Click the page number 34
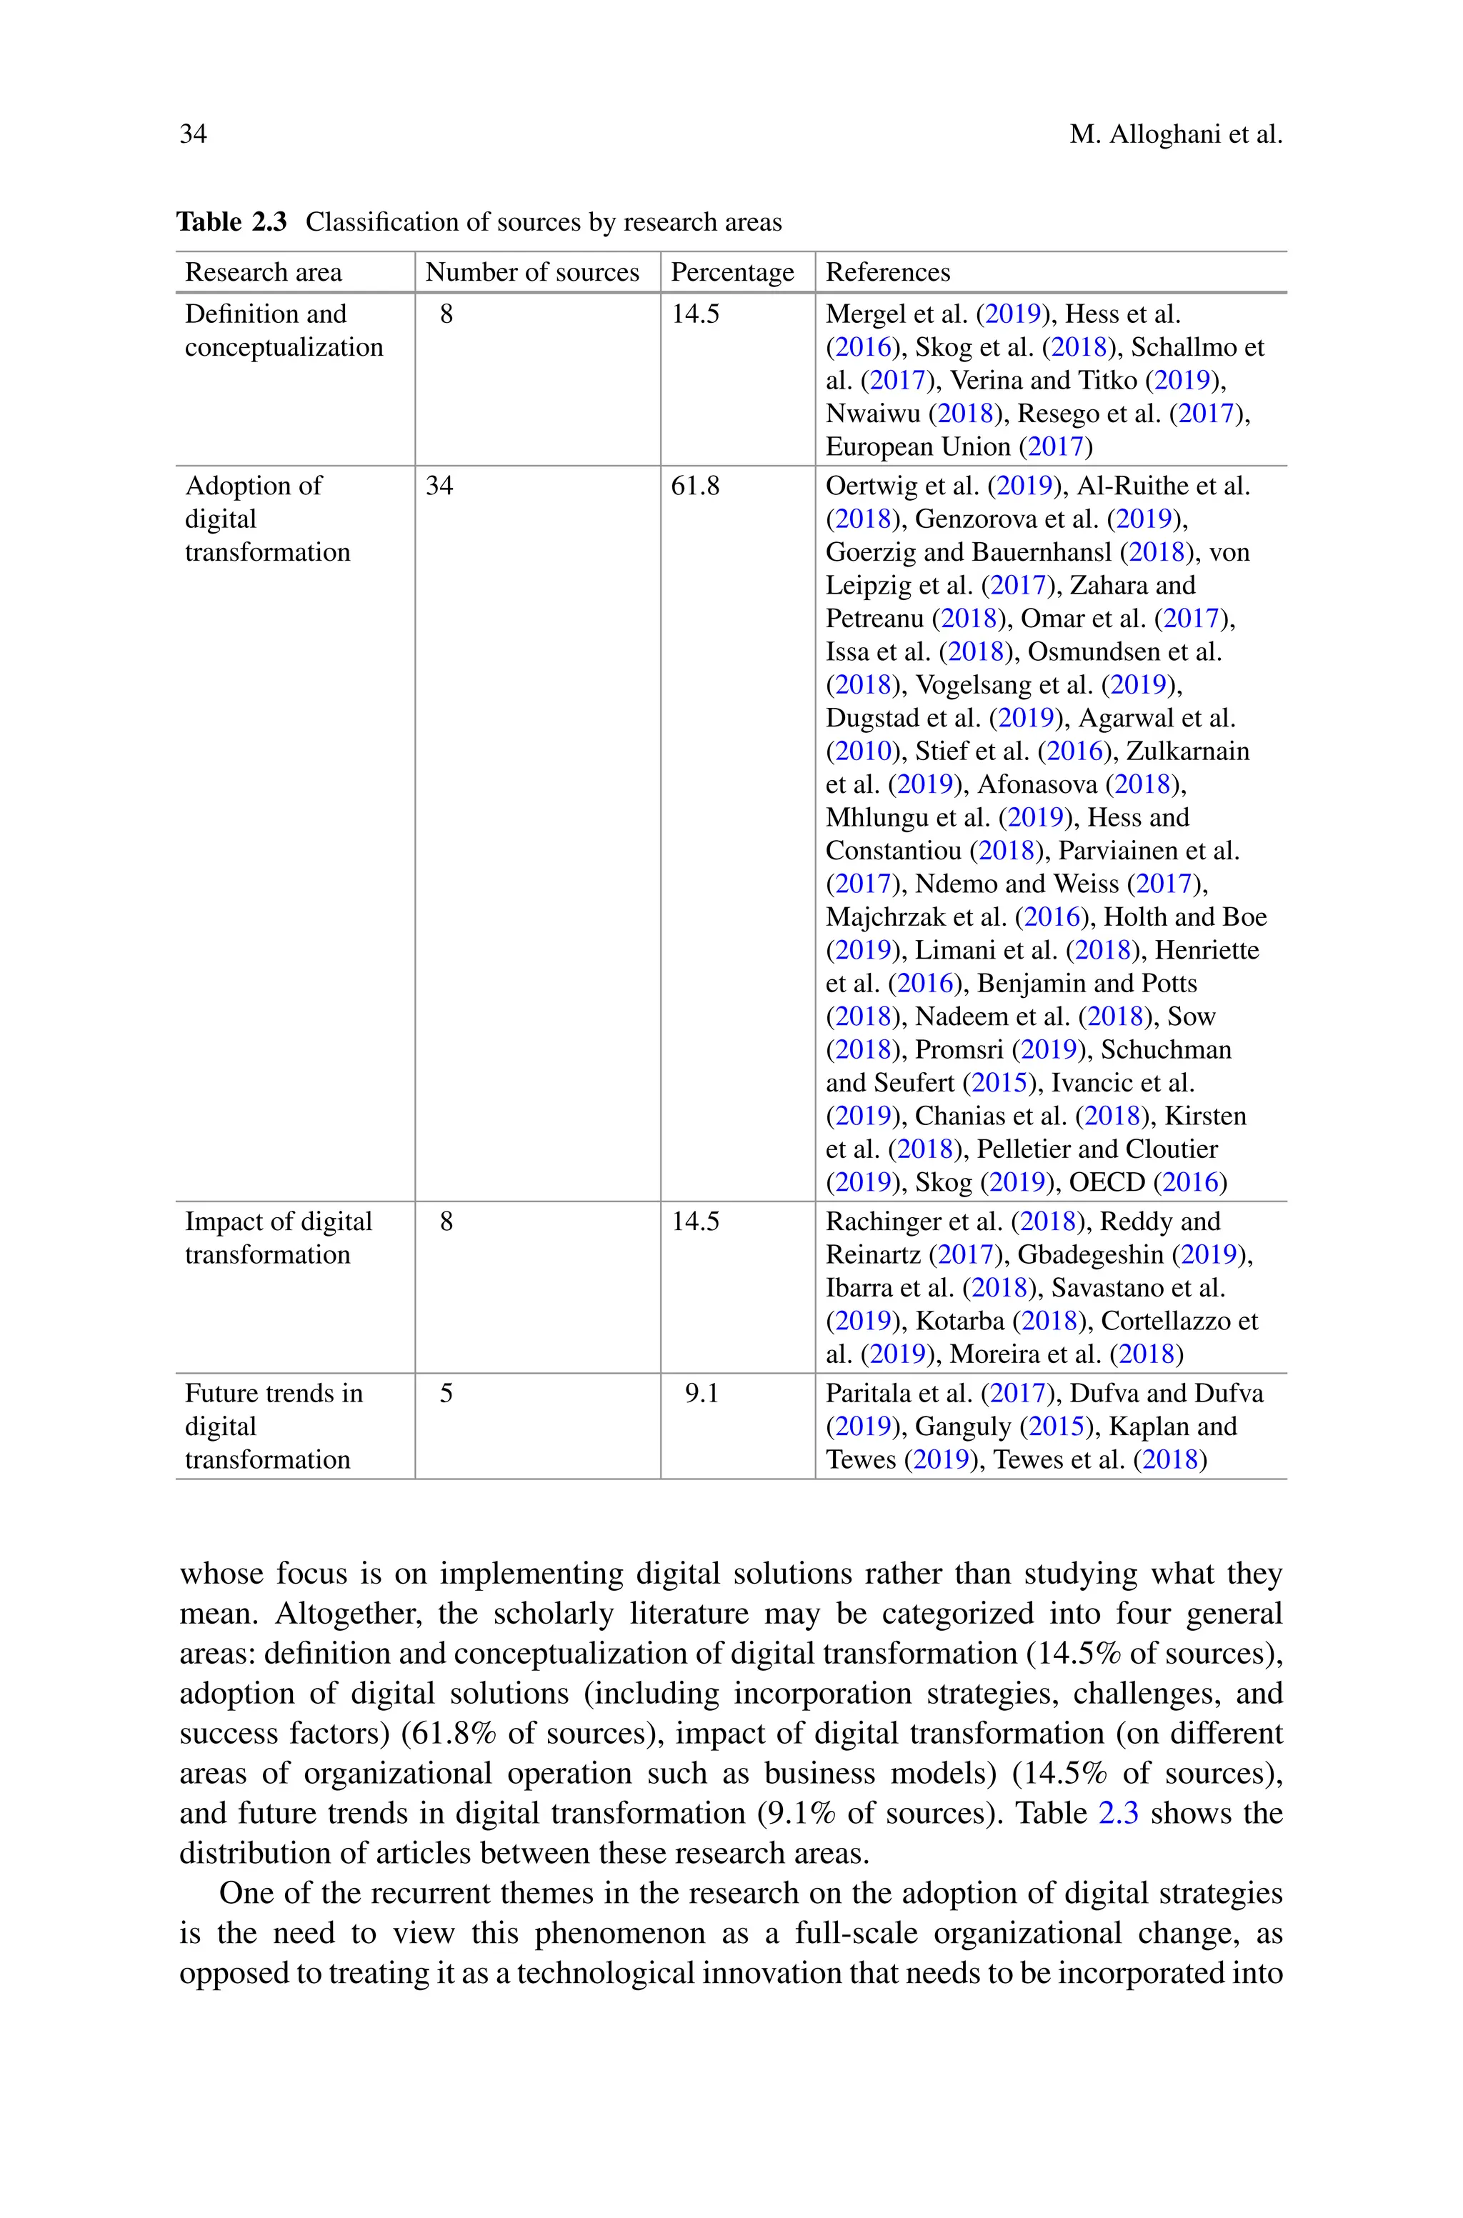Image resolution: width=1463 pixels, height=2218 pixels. coord(193,134)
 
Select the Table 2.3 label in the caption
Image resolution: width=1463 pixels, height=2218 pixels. coord(231,222)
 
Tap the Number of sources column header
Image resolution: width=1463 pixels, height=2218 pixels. coord(531,272)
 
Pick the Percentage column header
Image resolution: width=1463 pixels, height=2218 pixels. coord(732,272)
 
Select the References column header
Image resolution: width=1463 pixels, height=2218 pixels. coord(887,272)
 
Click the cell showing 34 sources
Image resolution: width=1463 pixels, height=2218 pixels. coord(439,486)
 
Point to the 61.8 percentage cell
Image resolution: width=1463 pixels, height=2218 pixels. coord(695,486)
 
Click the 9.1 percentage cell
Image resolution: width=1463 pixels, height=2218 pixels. coord(701,1394)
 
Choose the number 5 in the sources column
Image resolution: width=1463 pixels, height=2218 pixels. coord(446,1394)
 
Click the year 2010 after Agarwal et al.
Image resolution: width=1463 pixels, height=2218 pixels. coord(864,751)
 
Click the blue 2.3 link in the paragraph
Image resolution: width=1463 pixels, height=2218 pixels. coord(1118,1813)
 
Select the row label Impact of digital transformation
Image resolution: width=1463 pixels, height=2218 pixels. coord(278,1238)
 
